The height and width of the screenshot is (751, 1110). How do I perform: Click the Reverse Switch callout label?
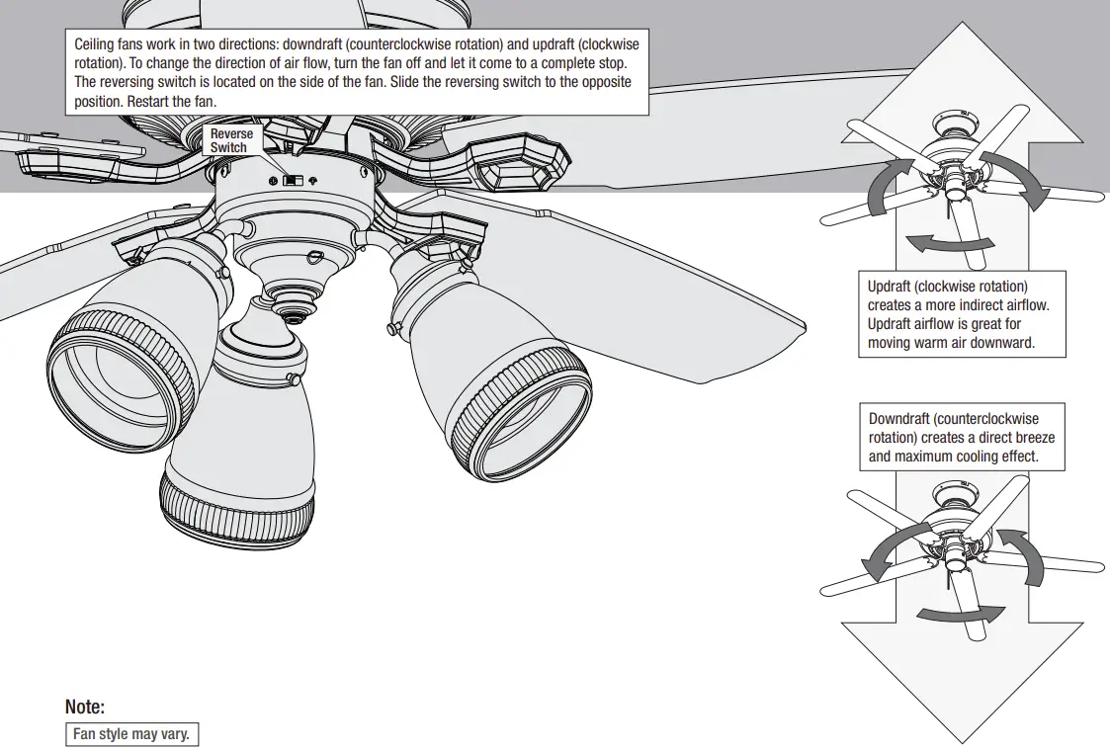pos(230,140)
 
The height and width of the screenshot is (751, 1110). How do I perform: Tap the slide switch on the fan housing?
pos(293,181)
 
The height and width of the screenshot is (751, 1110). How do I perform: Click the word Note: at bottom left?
pos(84,707)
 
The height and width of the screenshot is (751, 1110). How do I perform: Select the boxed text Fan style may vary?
pos(130,735)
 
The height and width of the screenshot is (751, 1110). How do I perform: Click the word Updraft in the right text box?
pos(891,287)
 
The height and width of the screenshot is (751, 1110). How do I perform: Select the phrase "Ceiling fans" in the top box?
pos(108,44)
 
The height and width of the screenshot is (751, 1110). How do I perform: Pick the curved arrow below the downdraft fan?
pos(954,614)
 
